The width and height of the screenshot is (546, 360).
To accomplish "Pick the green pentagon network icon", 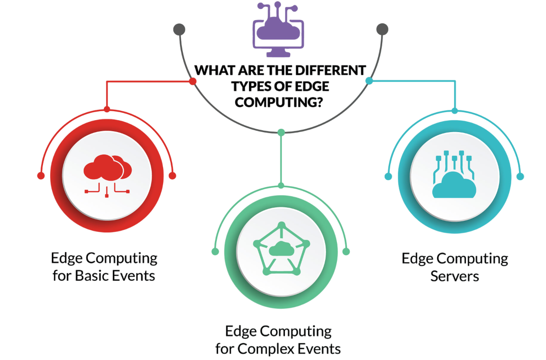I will (x=281, y=249).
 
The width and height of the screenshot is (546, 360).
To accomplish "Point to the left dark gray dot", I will (x=179, y=30).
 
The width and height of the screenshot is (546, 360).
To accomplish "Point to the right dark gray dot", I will (x=382, y=30).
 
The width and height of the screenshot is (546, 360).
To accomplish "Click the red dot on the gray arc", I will (x=193, y=81).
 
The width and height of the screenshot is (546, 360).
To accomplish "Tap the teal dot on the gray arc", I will (x=369, y=81).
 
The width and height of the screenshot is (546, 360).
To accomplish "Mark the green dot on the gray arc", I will (x=281, y=132).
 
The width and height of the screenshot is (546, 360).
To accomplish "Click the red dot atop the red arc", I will (x=107, y=109).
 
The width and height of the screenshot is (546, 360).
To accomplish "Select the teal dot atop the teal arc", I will (x=455, y=110).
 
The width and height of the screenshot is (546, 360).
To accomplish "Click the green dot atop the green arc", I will (x=281, y=185).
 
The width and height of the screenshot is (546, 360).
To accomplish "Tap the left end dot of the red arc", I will (x=41, y=176).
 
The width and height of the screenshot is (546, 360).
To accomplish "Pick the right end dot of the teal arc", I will (x=520, y=176).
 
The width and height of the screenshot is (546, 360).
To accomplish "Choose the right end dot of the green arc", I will (x=346, y=251).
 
